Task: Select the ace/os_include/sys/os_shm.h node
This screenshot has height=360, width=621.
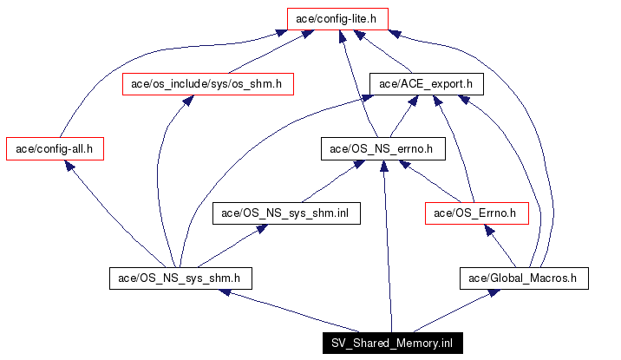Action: point(207,84)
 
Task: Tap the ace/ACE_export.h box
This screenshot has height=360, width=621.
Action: point(426,84)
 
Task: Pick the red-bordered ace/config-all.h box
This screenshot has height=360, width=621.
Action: point(55,148)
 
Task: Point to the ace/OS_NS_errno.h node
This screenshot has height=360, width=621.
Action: point(382,148)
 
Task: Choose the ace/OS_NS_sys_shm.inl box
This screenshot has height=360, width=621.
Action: point(285,213)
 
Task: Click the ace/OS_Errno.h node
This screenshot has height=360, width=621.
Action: point(477,213)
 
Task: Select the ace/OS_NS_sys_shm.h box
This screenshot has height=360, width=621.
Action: point(180,278)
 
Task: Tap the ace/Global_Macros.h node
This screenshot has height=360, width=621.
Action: point(524,278)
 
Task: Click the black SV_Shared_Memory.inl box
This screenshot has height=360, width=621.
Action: point(391,344)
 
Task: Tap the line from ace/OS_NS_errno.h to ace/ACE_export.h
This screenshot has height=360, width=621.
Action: point(404,116)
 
